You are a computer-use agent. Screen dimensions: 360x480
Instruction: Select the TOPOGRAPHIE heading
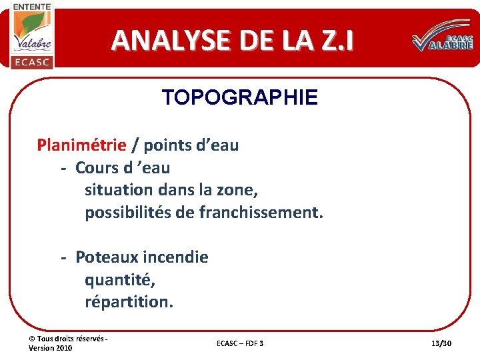click(240, 98)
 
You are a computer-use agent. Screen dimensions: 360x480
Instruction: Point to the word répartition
click(129, 302)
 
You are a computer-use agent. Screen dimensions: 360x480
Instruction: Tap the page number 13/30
click(441, 343)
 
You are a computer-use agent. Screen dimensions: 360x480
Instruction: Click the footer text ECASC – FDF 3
click(240, 343)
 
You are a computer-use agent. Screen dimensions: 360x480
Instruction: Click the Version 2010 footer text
click(51, 348)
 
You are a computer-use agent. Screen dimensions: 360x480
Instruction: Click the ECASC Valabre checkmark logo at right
click(443, 42)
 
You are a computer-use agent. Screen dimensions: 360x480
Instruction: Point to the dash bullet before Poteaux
click(64, 257)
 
